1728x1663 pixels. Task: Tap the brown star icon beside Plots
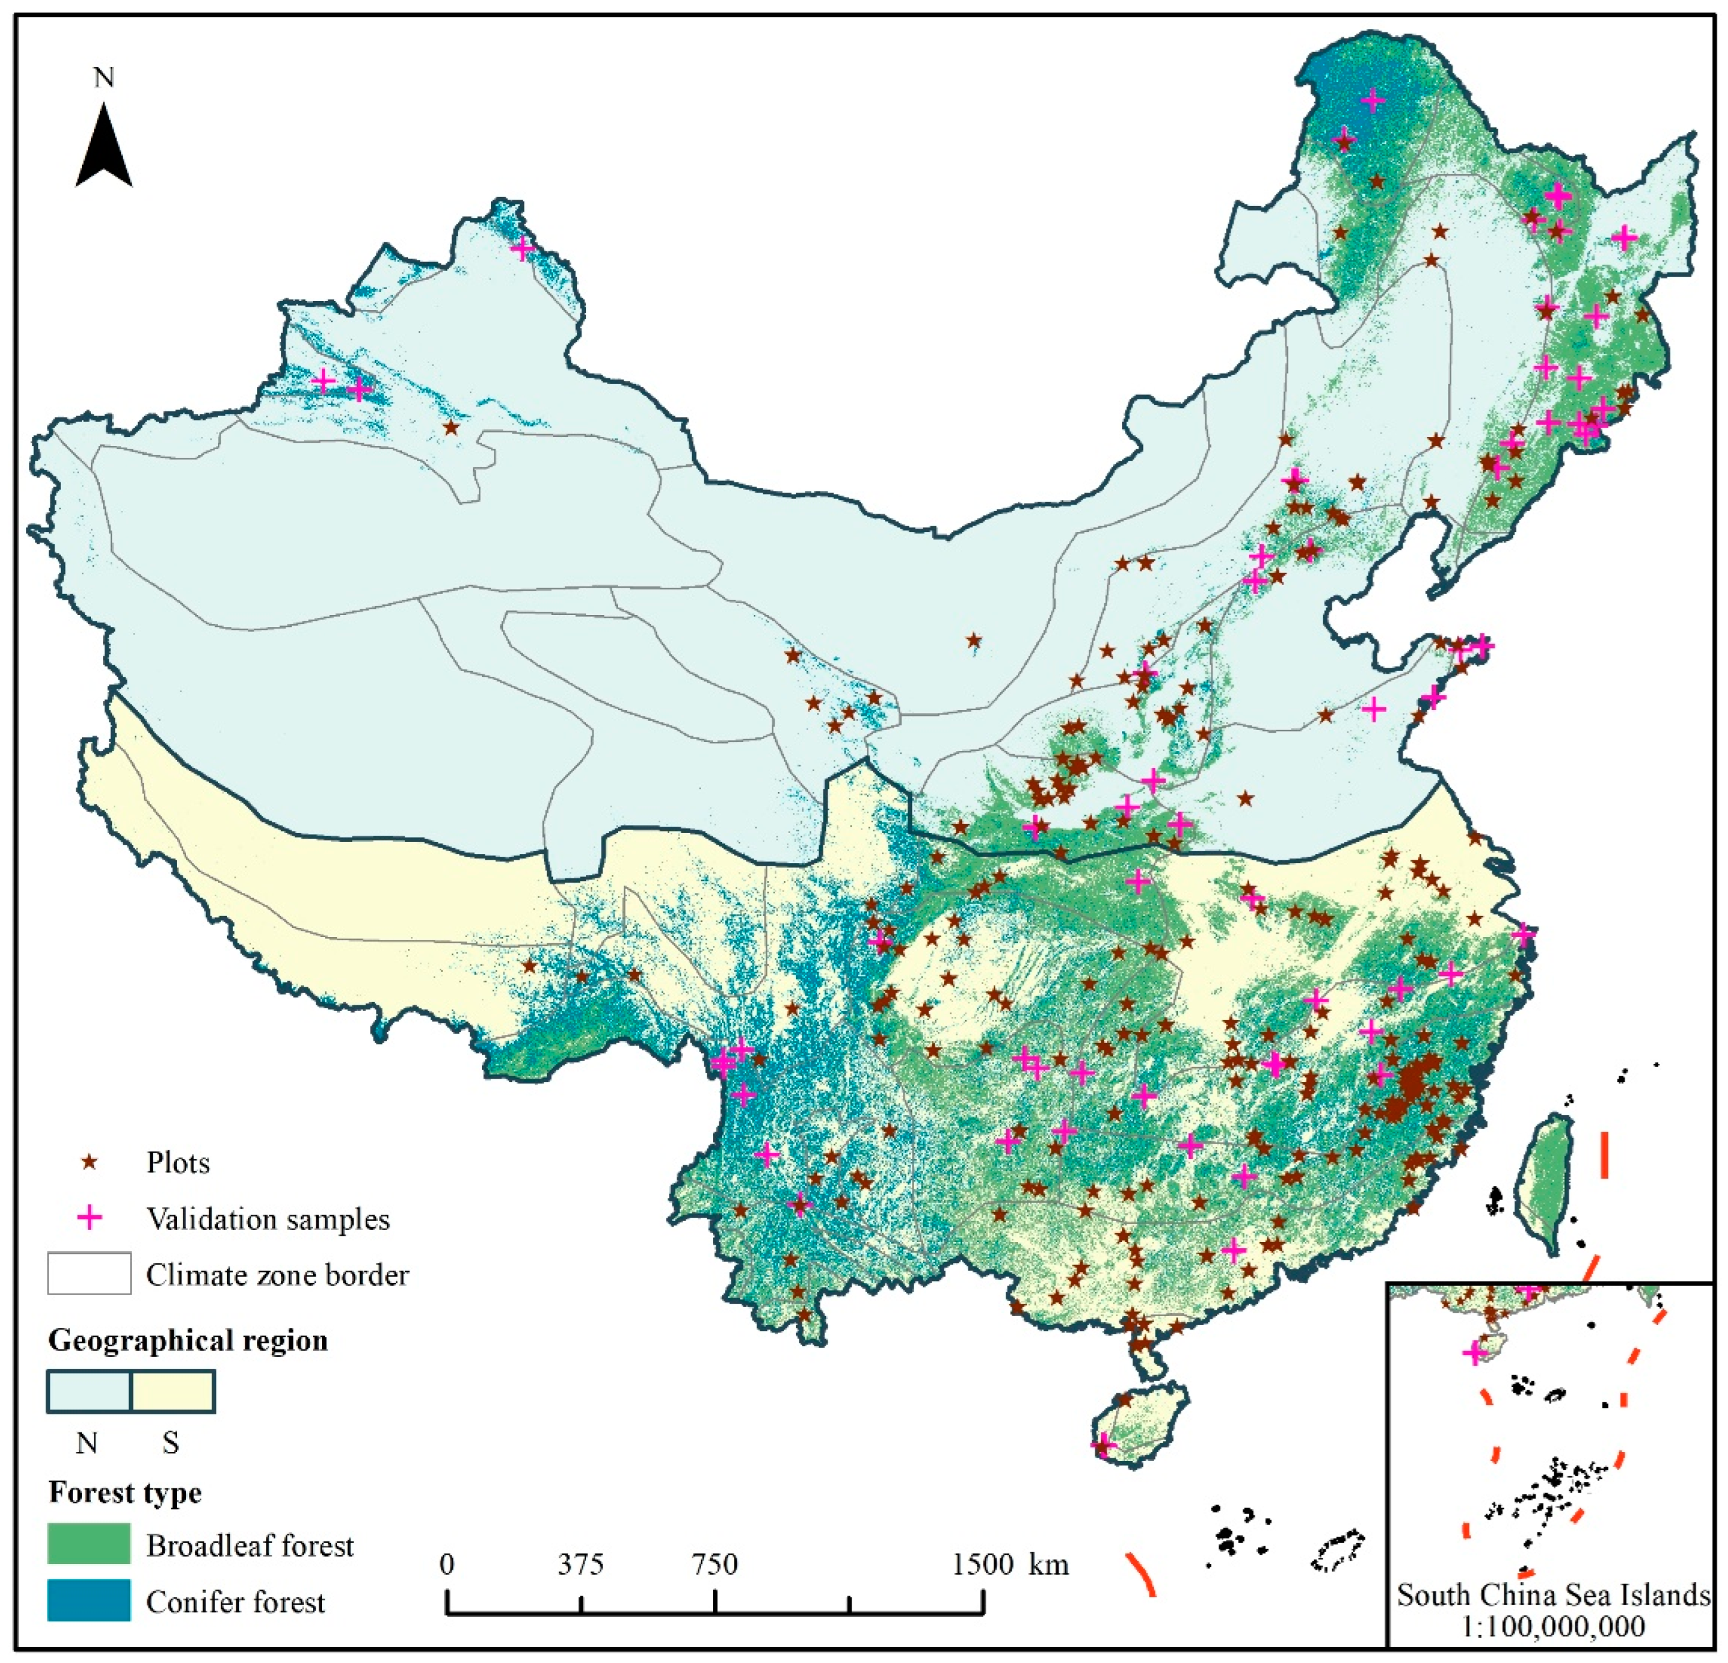point(89,1162)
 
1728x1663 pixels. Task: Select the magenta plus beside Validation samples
point(89,1219)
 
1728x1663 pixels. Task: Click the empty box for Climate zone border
point(89,1274)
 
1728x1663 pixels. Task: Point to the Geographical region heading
point(187,1340)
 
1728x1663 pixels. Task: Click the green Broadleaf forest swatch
point(89,1545)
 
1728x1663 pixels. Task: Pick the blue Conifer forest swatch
point(89,1600)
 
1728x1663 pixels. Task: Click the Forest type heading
point(124,1492)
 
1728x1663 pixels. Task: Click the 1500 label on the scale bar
point(982,1563)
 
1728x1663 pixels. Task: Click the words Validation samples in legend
point(268,1219)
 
